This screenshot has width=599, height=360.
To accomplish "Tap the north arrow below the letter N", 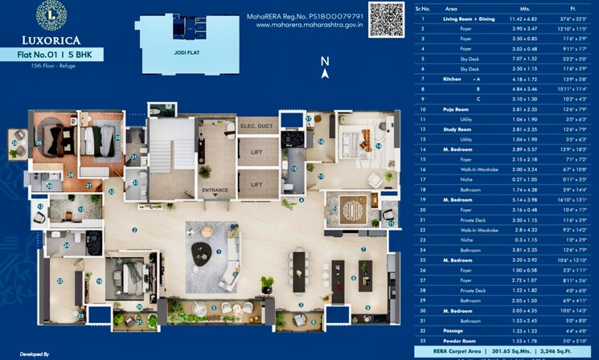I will (324, 73).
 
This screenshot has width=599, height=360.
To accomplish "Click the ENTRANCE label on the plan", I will (215, 190).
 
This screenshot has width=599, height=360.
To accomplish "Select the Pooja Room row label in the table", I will (457, 108).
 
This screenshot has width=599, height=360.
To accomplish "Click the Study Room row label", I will (457, 129).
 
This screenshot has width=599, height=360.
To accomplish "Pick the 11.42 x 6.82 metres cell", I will (510, 18).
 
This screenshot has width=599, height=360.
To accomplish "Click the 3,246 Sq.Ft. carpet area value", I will (566, 351).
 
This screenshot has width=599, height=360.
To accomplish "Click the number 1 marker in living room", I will (218, 251).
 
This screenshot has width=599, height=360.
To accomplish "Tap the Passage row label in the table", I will (455, 330).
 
